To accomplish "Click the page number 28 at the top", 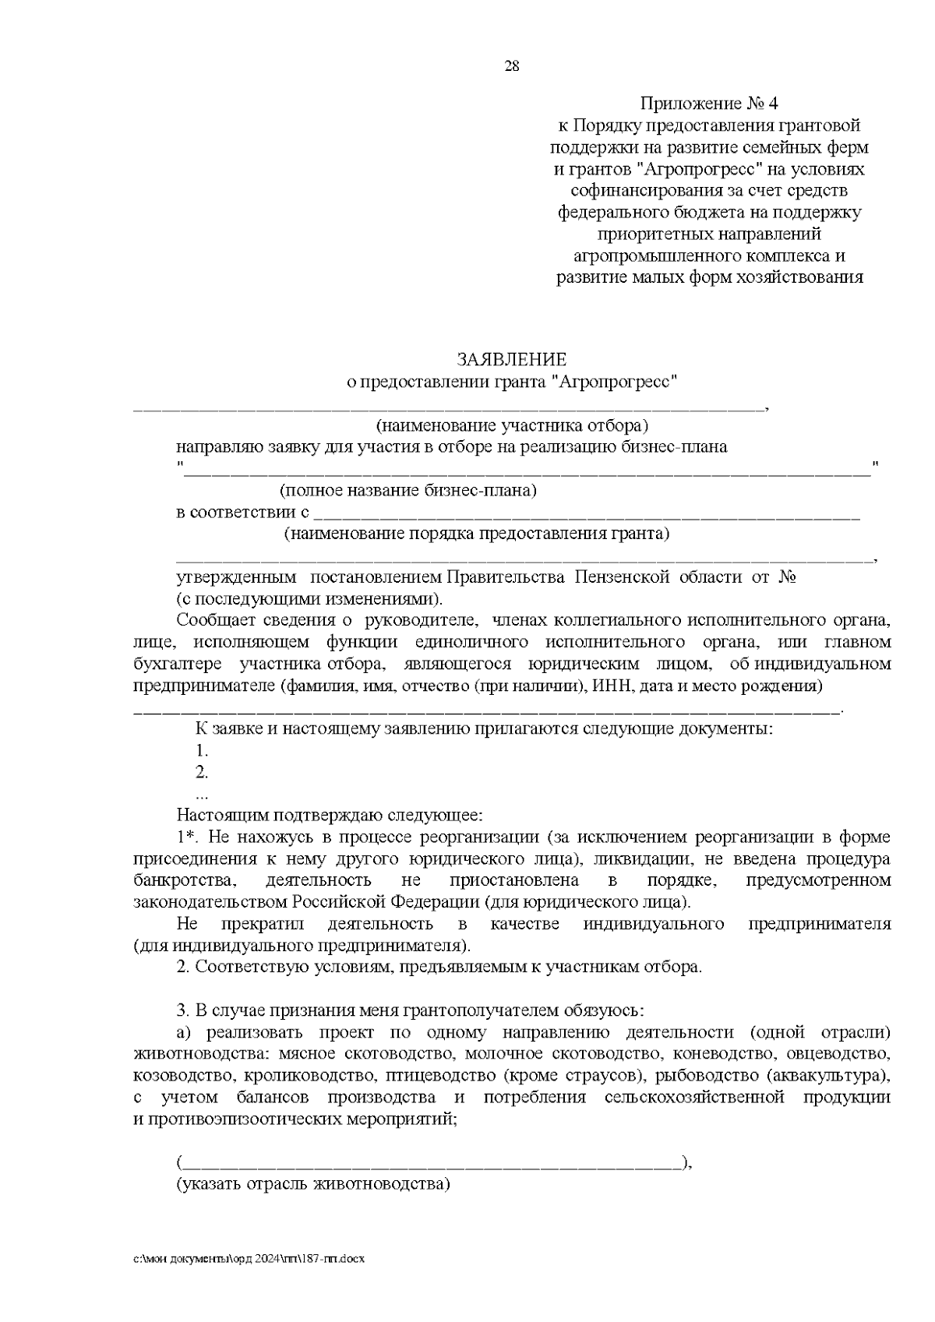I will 512,66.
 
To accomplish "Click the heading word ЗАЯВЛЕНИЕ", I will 511,360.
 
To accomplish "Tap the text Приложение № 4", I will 709,104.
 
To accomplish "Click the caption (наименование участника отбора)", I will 512,426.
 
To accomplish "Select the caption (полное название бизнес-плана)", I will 408,492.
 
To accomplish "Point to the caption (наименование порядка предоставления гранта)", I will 476,534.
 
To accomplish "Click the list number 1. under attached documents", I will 202,751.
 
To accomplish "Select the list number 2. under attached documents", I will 202,773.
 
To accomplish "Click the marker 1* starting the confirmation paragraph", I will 187,837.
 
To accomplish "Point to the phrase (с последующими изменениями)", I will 309,599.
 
